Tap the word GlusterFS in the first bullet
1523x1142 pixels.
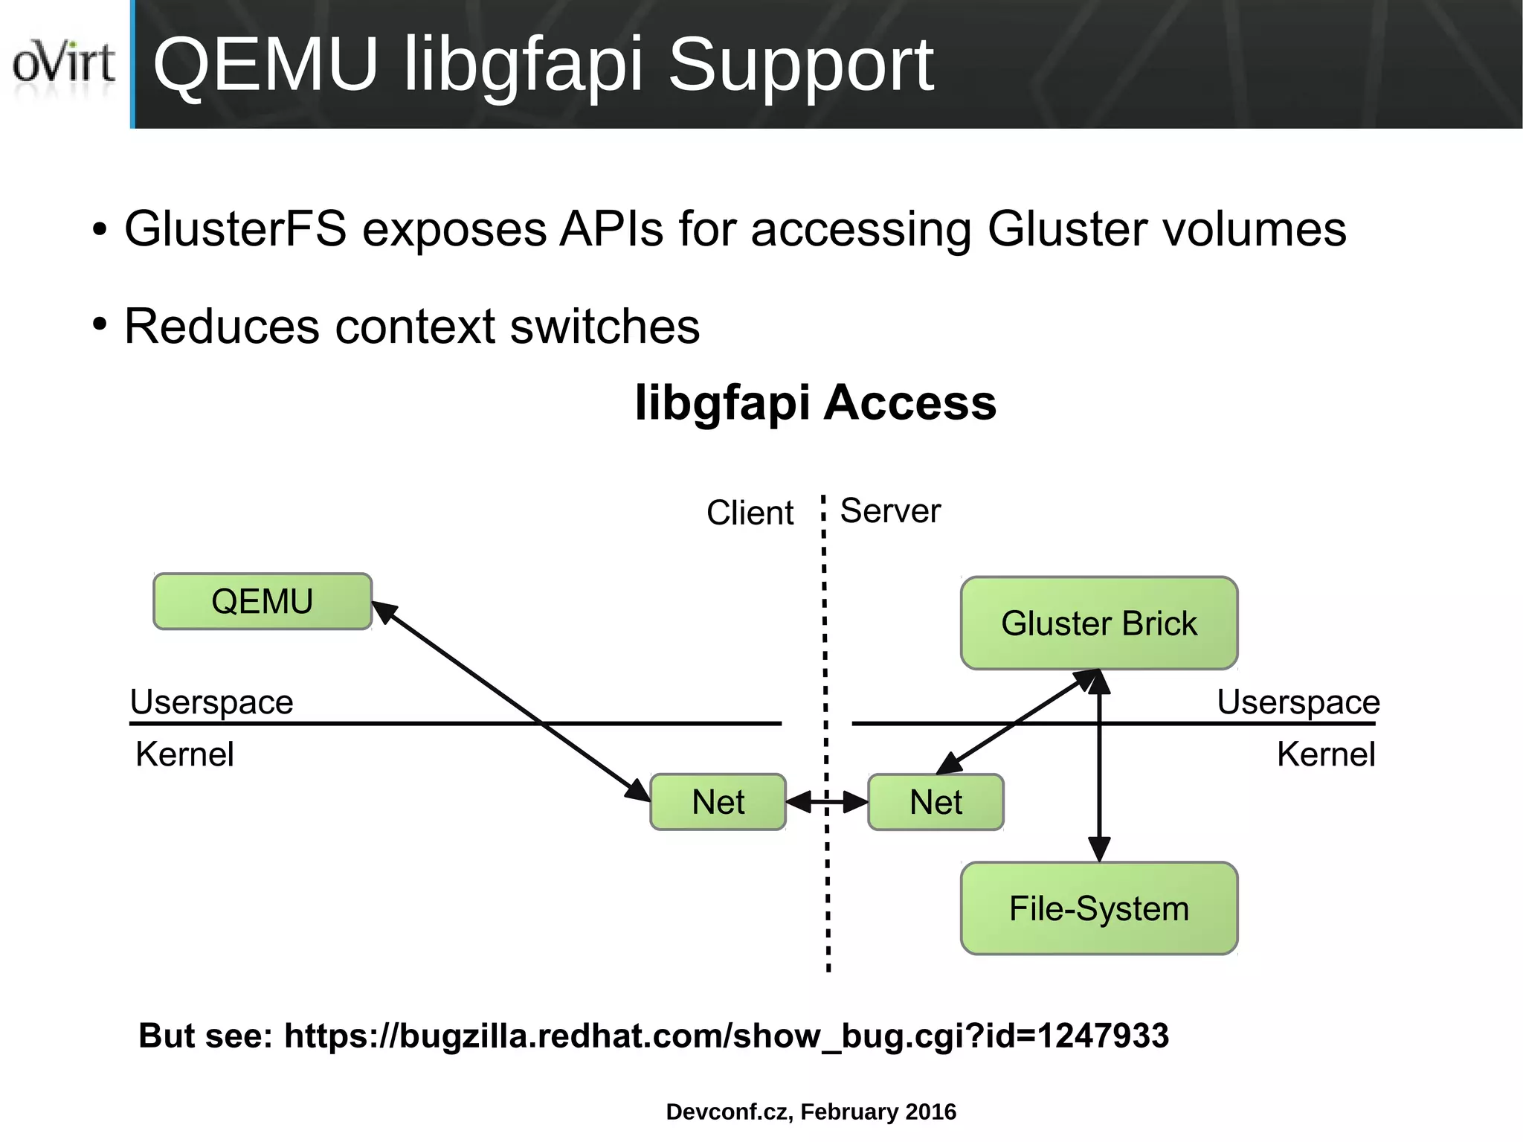click(235, 229)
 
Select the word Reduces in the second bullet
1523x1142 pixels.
click(221, 327)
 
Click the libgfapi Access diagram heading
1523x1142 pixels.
click(815, 402)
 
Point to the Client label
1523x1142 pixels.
click(750, 513)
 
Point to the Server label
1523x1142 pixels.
click(890, 511)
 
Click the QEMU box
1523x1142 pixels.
click(262, 601)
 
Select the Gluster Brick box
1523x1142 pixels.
click(1098, 623)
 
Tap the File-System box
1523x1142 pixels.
click(1098, 908)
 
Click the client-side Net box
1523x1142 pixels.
click(718, 802)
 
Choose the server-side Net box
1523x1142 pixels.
click(936, 802)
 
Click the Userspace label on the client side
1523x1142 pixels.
click(211, 702)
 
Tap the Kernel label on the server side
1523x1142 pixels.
click(1326, 754)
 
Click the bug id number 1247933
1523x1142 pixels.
click(1102, 1036)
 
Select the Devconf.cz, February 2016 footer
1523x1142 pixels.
click(811, 1111)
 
